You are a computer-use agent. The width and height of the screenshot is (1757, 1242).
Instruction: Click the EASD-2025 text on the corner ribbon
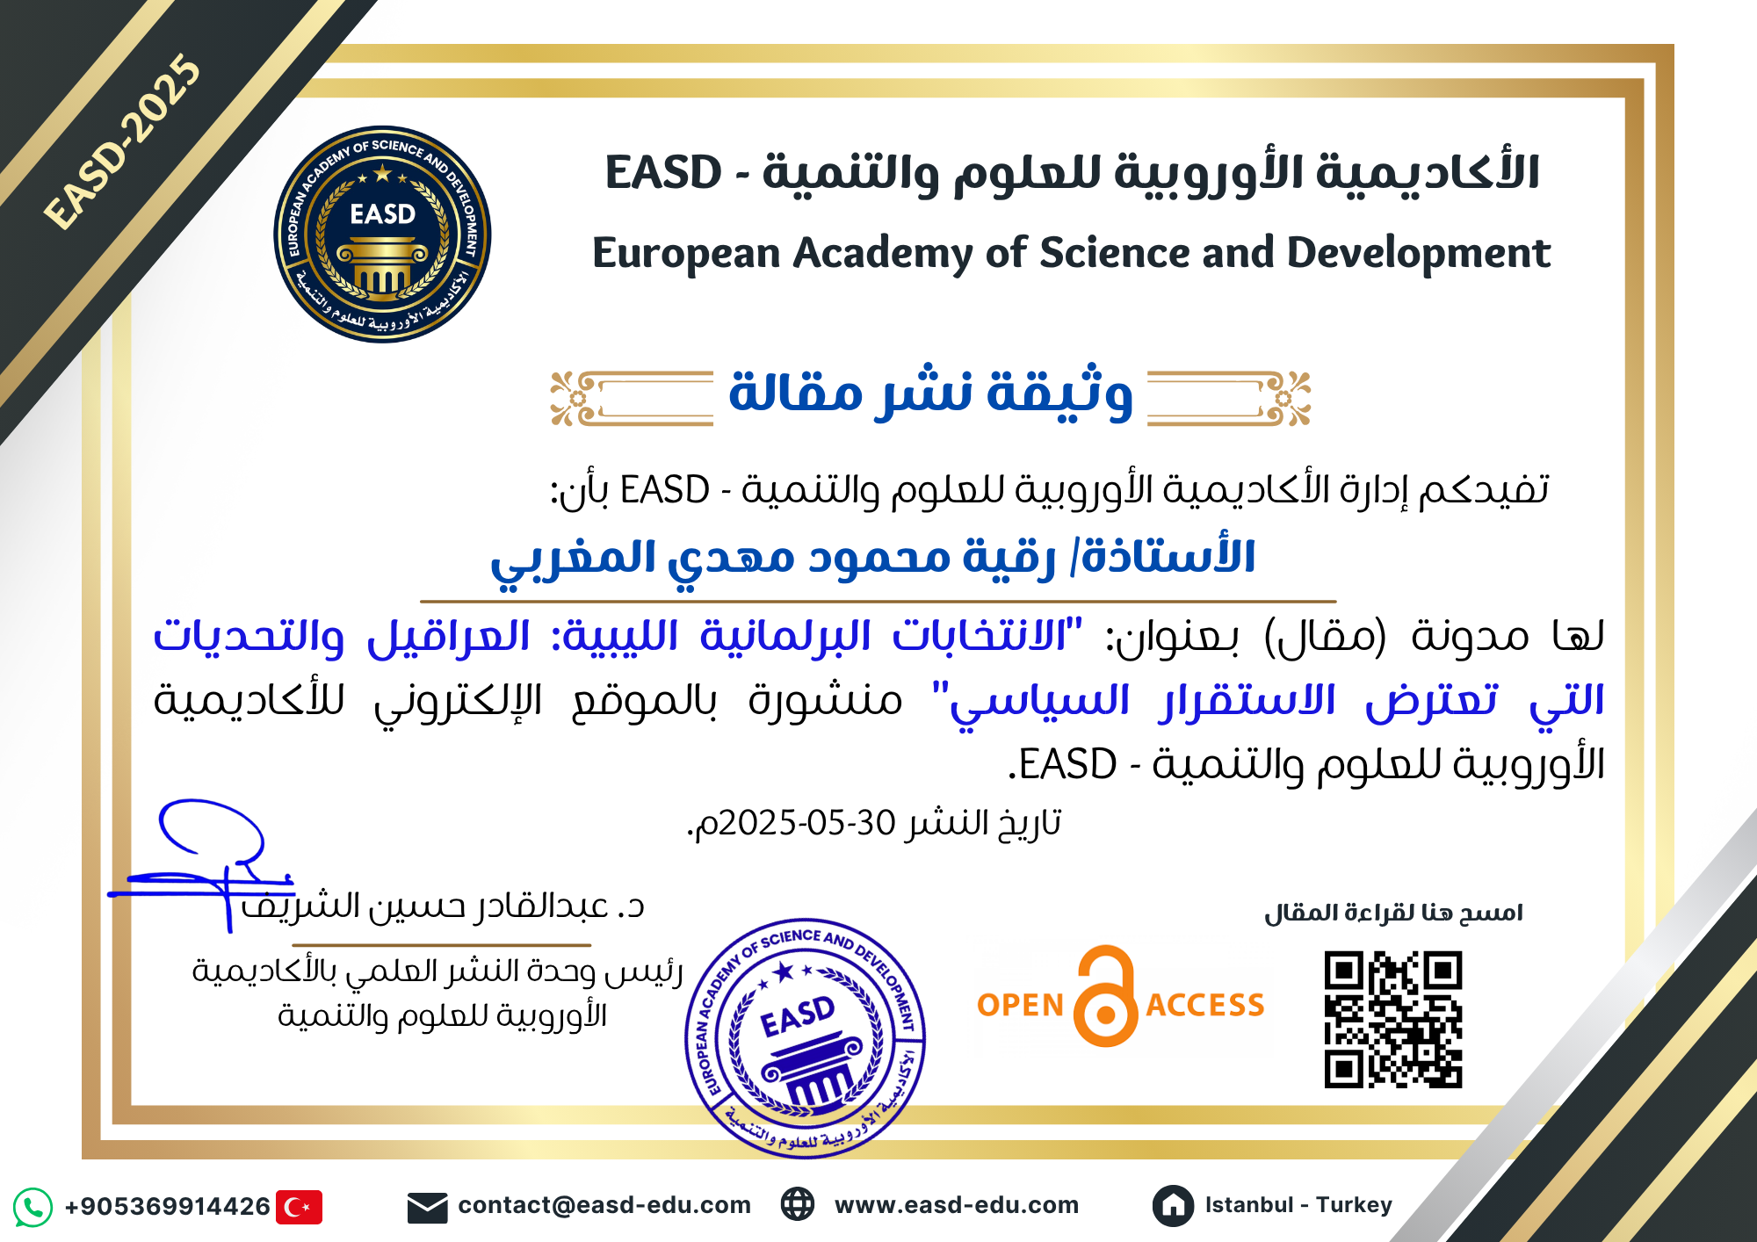(123, 141)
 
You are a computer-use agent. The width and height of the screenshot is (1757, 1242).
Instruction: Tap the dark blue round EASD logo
(382, 234)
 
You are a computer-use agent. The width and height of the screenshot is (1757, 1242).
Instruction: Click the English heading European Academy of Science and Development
(1071, 253)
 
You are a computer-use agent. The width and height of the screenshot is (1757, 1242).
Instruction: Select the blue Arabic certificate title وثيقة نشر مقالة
(930, 392)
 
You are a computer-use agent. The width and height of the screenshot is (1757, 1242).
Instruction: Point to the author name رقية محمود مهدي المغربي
(772, 560)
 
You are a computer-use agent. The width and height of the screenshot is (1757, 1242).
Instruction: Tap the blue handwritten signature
(202, 862)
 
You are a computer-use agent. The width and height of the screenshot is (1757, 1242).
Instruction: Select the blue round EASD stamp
(805, 1039)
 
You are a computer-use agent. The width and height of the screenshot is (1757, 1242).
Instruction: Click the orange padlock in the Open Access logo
(1106, 996)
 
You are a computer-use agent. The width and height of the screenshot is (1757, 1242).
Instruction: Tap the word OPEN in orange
(1021, 1005)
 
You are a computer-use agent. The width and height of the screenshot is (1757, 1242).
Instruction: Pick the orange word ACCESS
(1205, 1005)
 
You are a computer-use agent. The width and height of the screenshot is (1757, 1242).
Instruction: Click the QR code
(1393, 1020)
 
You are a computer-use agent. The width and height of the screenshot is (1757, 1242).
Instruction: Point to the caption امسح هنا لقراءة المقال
(1393, 913)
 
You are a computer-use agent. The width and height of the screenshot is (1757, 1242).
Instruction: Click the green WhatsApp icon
(33, 1207)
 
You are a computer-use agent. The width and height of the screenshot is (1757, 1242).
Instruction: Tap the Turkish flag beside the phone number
(299, 1207)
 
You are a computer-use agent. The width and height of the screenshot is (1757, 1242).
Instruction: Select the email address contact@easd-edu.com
(604, 1205)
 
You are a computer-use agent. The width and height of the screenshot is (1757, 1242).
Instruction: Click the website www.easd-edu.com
(957, 1205)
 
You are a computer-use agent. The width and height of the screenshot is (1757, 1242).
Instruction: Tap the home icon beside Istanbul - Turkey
(1173, 1206)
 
